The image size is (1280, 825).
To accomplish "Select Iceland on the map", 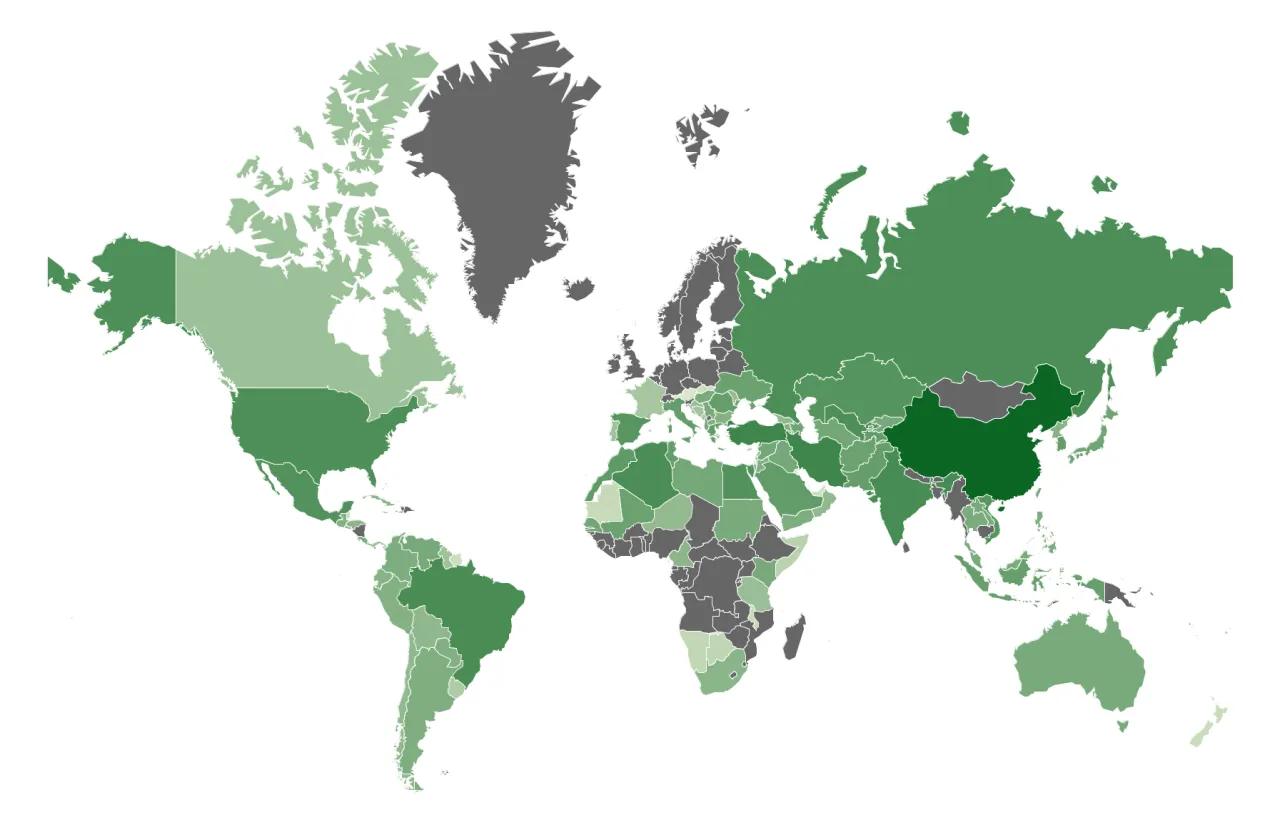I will tap(579, 289).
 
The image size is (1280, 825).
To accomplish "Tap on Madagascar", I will tap(792, 637).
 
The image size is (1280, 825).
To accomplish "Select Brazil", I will tap(470, 610).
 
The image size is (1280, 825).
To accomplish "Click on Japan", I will tap(1090, 435).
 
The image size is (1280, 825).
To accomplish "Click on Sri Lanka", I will tap(906, 546).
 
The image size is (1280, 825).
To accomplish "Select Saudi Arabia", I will tap(800, 490).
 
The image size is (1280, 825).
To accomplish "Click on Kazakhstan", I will tap(850, 390).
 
